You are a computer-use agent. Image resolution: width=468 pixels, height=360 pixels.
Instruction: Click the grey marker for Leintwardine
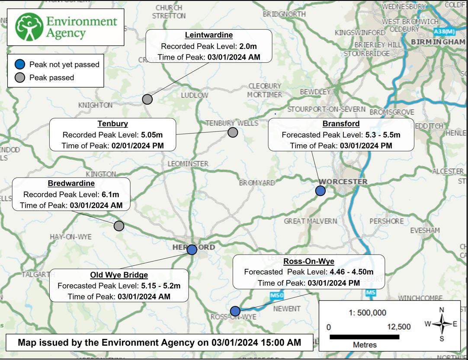147,99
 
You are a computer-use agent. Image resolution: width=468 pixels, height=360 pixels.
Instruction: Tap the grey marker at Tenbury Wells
233,132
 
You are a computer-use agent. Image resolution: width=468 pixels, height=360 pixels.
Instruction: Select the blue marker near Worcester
320,191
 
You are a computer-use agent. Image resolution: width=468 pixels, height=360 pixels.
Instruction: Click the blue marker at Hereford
192,249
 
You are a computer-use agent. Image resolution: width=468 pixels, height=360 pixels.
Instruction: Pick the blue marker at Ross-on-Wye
235,311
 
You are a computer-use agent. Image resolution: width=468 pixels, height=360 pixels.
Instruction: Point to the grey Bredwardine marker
119,226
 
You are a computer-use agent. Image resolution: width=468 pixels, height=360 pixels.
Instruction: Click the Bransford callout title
341,124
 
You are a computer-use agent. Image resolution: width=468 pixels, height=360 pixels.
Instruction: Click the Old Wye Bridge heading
119,275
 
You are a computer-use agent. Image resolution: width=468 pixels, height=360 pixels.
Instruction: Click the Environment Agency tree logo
29,27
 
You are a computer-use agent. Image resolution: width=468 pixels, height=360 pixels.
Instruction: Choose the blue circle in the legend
19,64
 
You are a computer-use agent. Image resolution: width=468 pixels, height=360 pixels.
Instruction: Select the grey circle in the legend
19,78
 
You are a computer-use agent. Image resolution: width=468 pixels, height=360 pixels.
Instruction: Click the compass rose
441,324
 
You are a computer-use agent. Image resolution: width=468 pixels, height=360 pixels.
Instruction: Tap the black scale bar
364,336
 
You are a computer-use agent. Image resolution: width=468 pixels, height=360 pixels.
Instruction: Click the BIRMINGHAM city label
438,42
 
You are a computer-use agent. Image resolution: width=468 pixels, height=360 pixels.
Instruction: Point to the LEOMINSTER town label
188,164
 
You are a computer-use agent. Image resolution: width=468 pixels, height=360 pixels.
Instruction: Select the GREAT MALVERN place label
310,221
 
